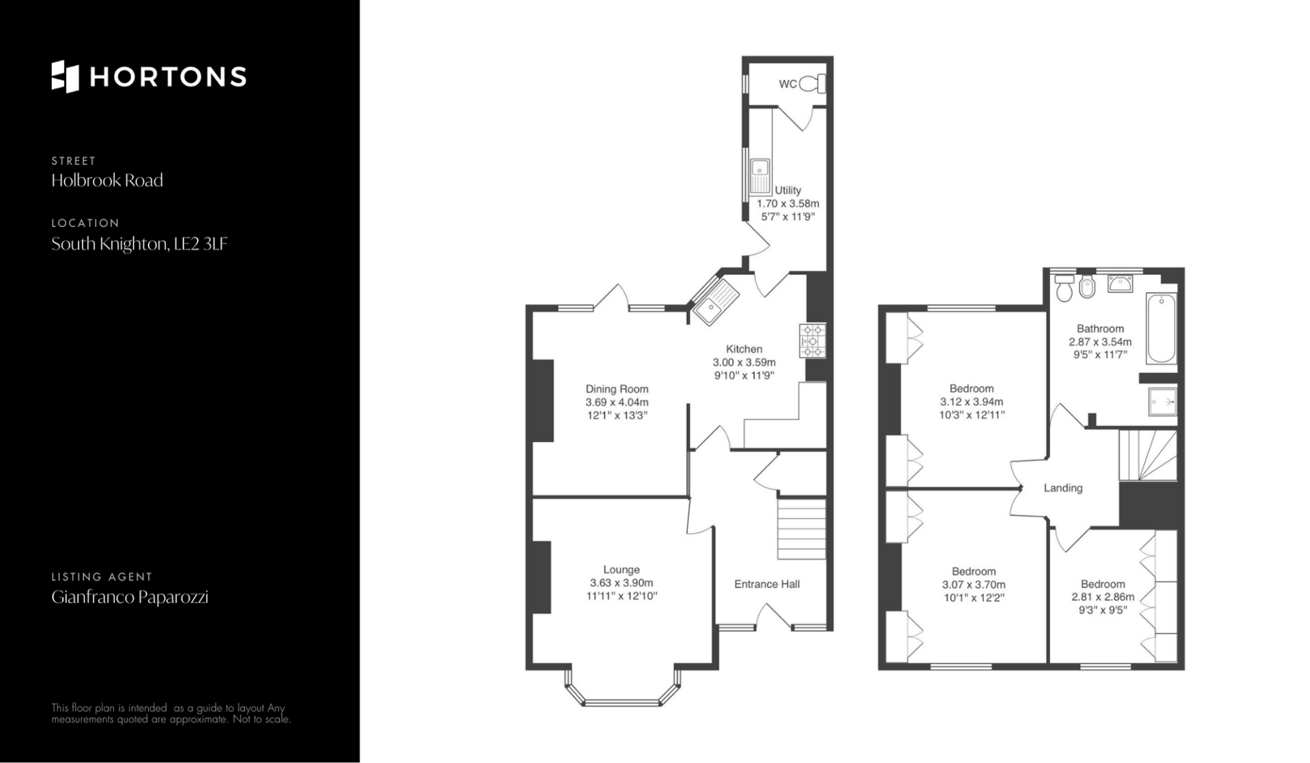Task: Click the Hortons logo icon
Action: click(65, 76)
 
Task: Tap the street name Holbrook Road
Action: click(107, 181)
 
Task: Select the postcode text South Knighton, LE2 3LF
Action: click(139, 244)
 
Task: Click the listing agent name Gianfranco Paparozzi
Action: click(130, 597)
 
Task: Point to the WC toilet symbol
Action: click(812, 84)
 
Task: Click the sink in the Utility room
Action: click(759, 176)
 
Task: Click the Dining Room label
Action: click(617, 389)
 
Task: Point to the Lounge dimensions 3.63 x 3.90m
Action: click(622, 583)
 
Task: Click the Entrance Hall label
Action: click(767, 584)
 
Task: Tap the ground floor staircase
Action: click(802, 529)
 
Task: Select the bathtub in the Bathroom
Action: click(1161, 329)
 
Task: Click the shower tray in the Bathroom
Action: click(1163, 402)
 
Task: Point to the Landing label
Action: click(1063, 488)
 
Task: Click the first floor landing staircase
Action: click(1148, 455)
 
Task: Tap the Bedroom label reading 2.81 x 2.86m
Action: click(1103, 597)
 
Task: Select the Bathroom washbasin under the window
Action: click(1120, 283)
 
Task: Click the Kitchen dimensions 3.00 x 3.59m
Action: click(744, 363)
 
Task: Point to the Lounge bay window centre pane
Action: click(622, 702)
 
